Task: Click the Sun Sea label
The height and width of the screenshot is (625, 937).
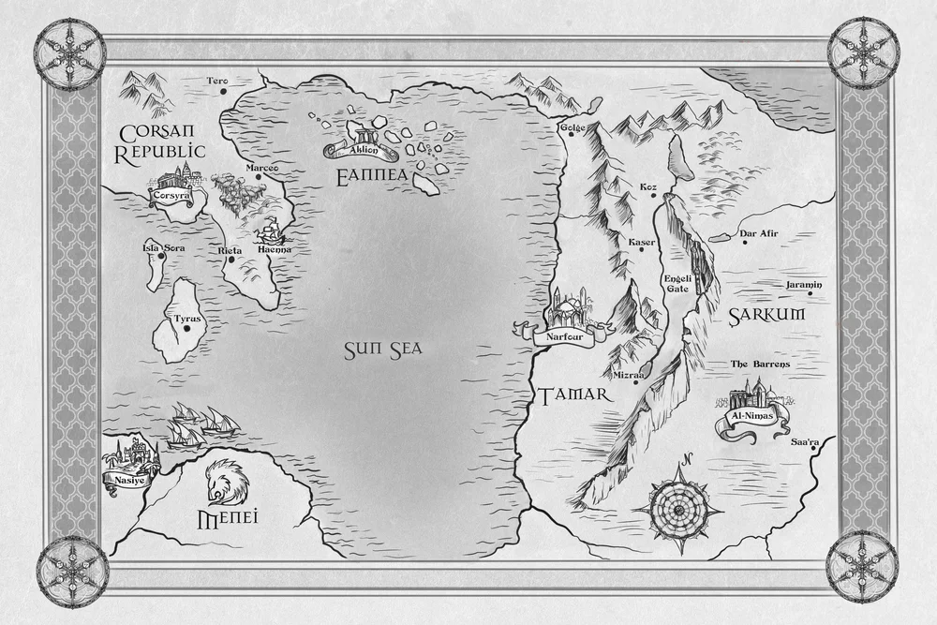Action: [x=382, y=350]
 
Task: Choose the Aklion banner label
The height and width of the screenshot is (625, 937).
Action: [x=360, y=150]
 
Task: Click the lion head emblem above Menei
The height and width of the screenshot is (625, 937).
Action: [x=224, y=482]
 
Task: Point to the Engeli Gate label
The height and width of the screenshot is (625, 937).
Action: [x=677, y=283]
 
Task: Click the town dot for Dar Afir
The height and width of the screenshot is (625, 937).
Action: [x=744, y=243]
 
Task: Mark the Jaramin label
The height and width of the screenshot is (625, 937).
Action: [x=803, y=284]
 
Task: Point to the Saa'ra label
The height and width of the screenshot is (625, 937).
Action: [x=805, y=441]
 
